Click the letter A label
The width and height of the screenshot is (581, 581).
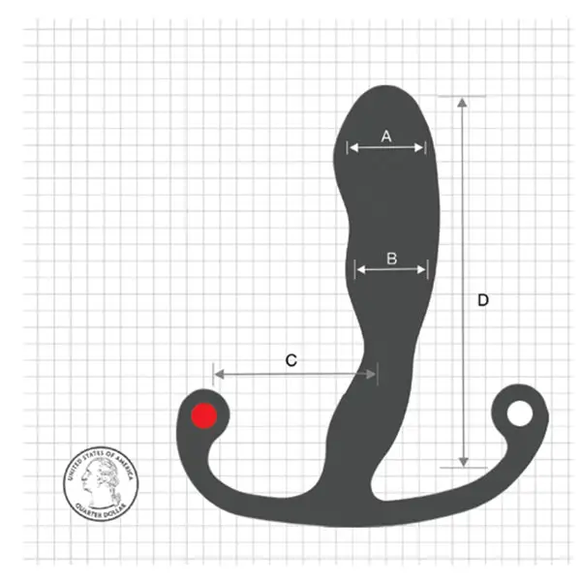tap(385, 137)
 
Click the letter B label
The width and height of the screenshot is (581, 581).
tap(391, 259)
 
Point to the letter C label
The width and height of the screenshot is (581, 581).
tap(290, 360)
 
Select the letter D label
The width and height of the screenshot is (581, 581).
tap(483, 300)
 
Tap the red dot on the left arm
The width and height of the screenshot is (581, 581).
tap(204, 415)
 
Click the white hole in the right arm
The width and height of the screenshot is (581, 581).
tap(521, 413)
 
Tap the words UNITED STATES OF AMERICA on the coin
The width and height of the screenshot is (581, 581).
tap(100, 453)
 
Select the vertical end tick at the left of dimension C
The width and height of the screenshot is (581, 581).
tap(213, 373)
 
